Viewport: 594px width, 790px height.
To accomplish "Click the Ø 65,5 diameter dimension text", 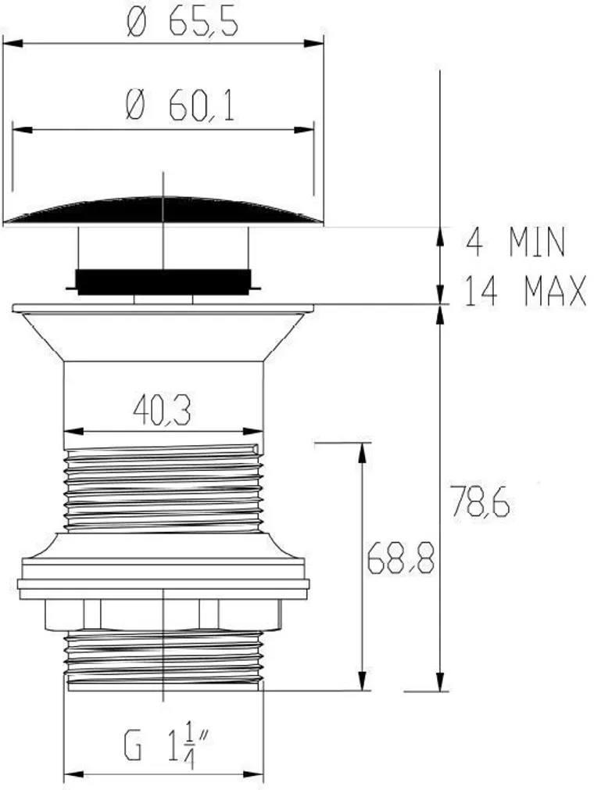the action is pyautogui.click(x=182, y=23).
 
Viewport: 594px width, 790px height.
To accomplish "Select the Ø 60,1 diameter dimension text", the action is pyautogui.click(x=181, y=106).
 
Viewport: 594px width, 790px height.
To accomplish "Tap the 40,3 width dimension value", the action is pyautogui.click(x=162, y=411).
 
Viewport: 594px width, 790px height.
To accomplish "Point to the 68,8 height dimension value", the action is pyautogui.click(x=401, y=558).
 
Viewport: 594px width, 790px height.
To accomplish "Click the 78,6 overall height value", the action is pyautogui.click(x=480, y=501).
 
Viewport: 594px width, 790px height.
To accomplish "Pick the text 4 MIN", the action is pyautogui.click(x=516, y=242).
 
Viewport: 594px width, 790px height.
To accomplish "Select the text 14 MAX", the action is pyautogui.click(x=524, y=291).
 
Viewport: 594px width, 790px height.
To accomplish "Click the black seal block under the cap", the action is pyautogui.click(x=163, y=282).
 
